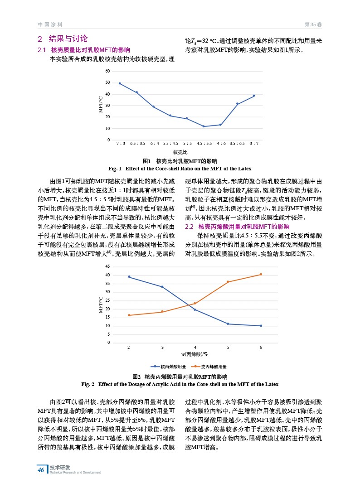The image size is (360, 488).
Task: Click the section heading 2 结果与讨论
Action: [63, 39]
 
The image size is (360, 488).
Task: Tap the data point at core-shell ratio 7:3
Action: [120, 83]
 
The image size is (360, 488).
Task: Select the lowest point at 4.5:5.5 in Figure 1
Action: [204, 126]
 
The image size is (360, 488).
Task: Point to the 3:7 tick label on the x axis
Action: [254, 143]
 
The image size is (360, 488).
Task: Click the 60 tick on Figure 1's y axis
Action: [107, 72]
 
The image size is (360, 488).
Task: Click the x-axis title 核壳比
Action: [180, 152]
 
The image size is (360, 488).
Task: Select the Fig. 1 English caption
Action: [180, 169]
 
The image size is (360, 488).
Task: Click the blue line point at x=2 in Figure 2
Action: [129, 277]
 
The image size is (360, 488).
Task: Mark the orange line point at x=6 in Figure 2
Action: [261, 274]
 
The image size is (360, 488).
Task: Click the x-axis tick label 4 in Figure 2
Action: [195, 347]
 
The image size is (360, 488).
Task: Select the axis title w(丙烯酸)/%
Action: [194, 354]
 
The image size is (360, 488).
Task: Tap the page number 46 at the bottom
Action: [41, 470]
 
